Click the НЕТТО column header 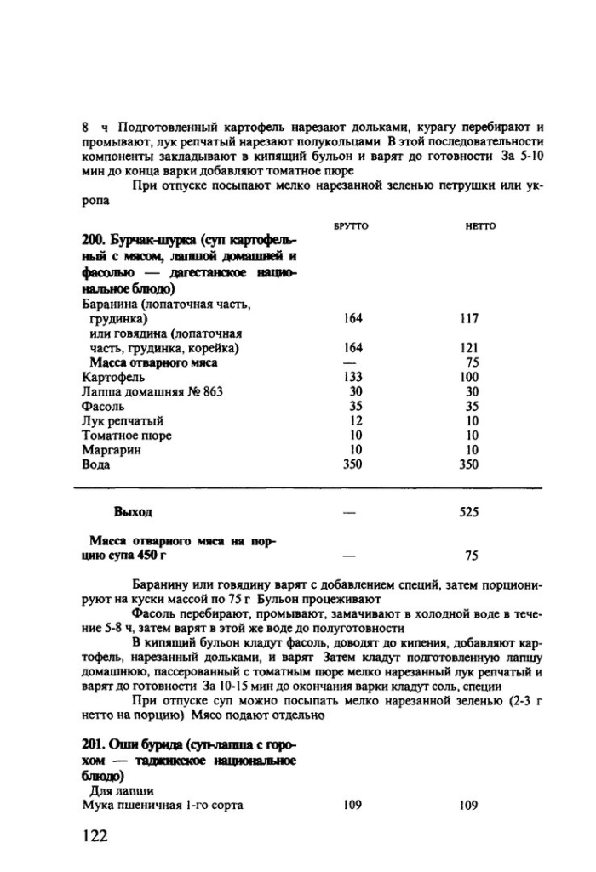coord(479,225)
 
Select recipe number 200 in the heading coord(92,245)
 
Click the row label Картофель coord(113,377)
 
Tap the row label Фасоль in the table coord(103,406)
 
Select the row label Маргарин coord(111,450)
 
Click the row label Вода coord(96,464)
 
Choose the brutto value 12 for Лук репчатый coord(356,420)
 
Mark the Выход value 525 coord(467,512)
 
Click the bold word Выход coord(133,512)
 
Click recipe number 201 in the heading coord(92,746)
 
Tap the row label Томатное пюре coord(127,436)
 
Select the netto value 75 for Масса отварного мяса coord(472,362)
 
